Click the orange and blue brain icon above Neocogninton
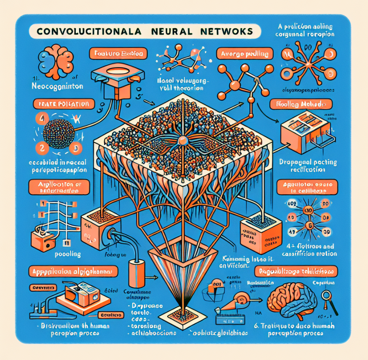tap(57, 58)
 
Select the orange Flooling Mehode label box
tap(301, 105)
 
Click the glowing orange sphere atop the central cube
tap(183, 141)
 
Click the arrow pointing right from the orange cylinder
tap(152, 278)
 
